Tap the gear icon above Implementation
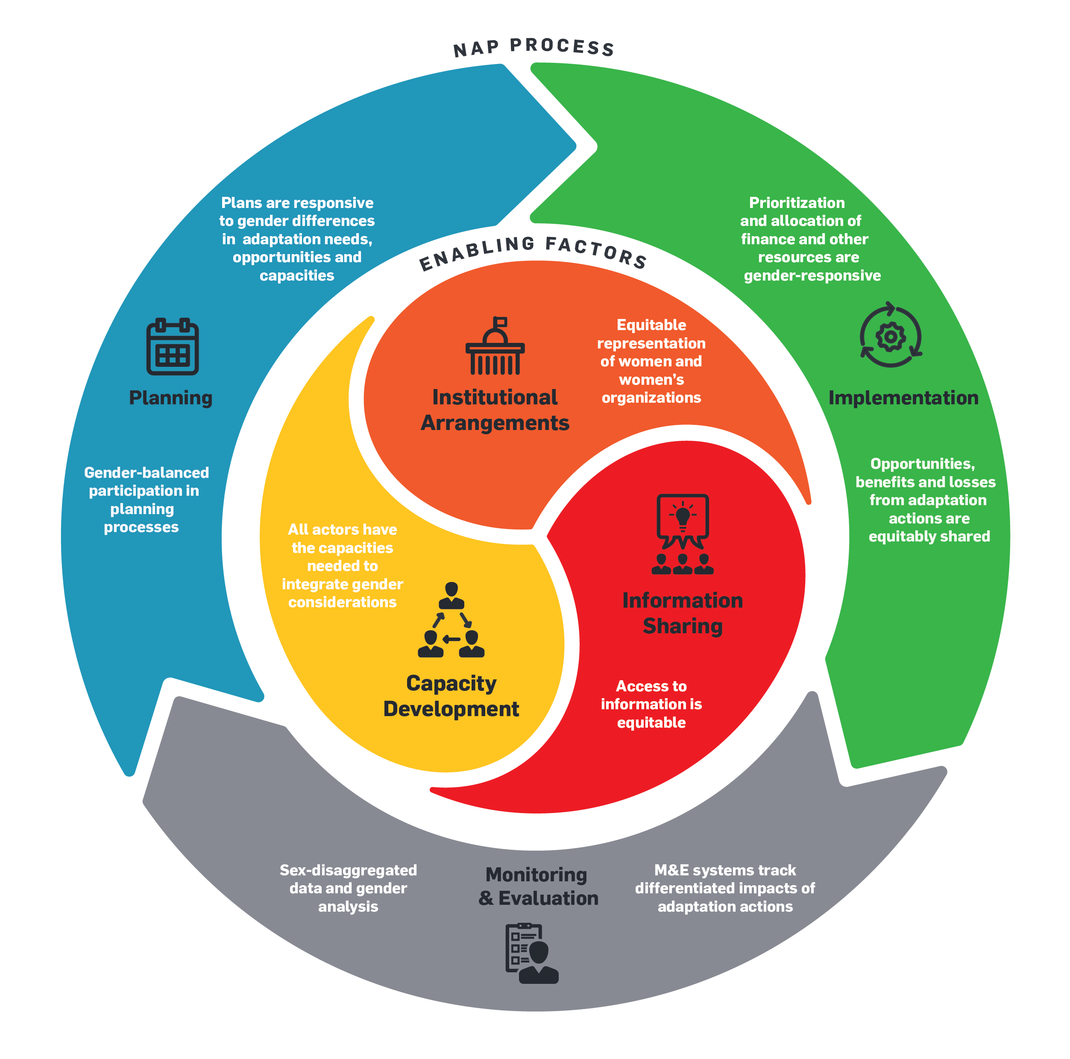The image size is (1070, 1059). click(890, 336)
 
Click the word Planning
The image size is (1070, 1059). click(170, 398)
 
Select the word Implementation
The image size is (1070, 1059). click(903, 398)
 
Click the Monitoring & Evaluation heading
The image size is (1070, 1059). click(538, 886)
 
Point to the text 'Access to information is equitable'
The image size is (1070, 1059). click(651, 704)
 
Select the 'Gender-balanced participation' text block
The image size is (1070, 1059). click(146, 500)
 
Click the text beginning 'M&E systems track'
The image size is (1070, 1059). click(724, 888)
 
